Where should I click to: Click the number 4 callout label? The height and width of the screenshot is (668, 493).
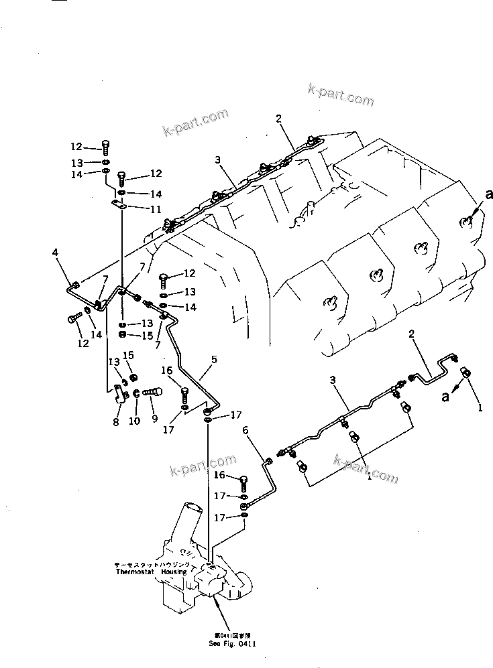coord(55,253)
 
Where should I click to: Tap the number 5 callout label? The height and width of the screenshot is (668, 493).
coord(214,360)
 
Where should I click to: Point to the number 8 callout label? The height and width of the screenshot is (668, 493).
coord(115,423)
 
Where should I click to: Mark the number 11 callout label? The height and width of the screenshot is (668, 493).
coord(156,209)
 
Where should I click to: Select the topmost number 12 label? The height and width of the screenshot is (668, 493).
coord(76,147)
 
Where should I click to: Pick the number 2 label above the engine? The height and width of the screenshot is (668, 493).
coord(278,119)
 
